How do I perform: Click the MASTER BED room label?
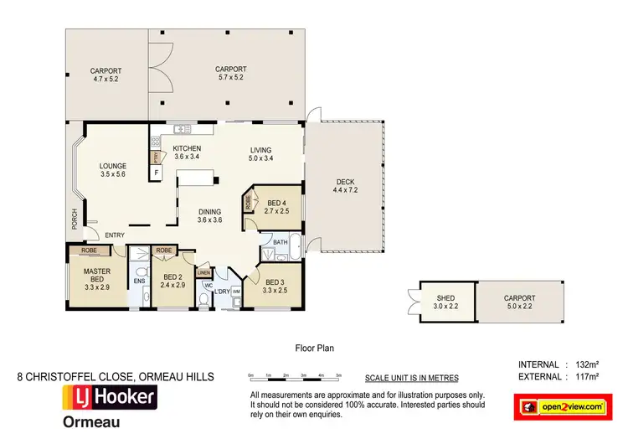coord(97,276)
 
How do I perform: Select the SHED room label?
coord(445,297)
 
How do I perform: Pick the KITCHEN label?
coord(187,148)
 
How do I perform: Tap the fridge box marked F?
coord(155,173)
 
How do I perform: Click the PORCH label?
coord(74,219)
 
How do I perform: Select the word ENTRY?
coord(115,235)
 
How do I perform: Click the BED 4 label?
coord(277,203)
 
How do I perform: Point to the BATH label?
coord(280,243)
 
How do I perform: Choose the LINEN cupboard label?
coord(203,272)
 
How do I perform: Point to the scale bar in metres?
coord(294,377)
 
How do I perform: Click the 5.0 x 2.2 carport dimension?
coord(519,306)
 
